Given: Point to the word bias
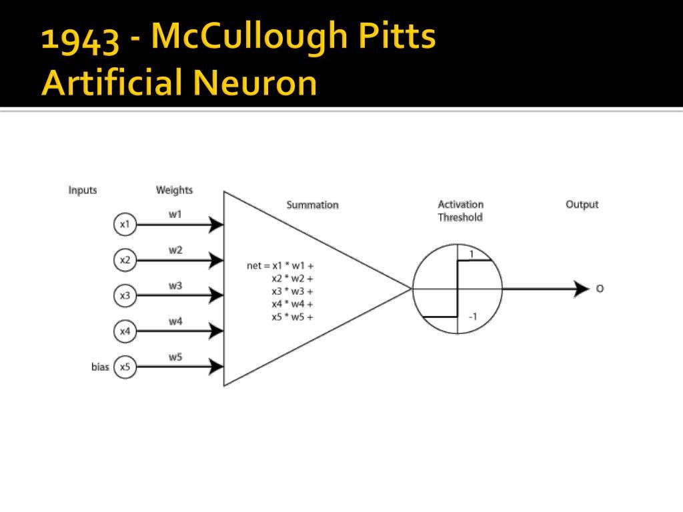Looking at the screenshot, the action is [100, 367].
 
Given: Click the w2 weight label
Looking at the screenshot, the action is [175, 251].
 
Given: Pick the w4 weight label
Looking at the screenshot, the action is [175, 322].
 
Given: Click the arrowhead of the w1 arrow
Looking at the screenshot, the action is [215, 225].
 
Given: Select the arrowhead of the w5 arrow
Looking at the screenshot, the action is [215, 367].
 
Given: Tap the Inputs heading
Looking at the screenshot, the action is [82, 191].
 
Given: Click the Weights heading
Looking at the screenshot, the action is [174, 190].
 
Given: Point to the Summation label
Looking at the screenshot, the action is [312, 205].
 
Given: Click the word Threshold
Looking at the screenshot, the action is [460, 217].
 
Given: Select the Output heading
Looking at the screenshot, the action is [582, 205].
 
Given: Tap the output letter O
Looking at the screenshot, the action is [600, 289].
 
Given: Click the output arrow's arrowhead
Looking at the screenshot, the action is [582, 289].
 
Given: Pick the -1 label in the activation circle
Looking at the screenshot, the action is [473, 317].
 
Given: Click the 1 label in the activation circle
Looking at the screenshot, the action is [472, 254].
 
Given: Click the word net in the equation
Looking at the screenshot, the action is [254, 265].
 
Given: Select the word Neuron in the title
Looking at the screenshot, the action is [255, 82].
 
